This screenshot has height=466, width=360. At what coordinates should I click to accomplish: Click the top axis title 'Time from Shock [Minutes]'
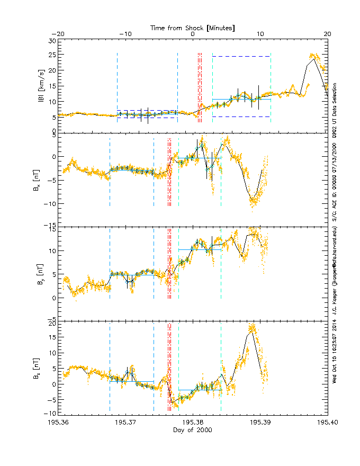tap(193, 28)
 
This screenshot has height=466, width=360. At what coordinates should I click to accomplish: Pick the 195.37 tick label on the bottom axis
tap(125, 423)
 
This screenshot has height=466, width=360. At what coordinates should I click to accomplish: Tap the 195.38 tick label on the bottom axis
tap(193, 423)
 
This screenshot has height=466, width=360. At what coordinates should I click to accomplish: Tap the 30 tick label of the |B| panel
tap(52, 41)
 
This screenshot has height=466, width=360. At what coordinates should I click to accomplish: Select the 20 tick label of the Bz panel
tap(52, 322)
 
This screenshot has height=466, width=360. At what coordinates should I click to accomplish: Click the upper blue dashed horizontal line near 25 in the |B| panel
tap(241, 56)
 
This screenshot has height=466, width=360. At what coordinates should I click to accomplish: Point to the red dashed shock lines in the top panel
tap(200, 87)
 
